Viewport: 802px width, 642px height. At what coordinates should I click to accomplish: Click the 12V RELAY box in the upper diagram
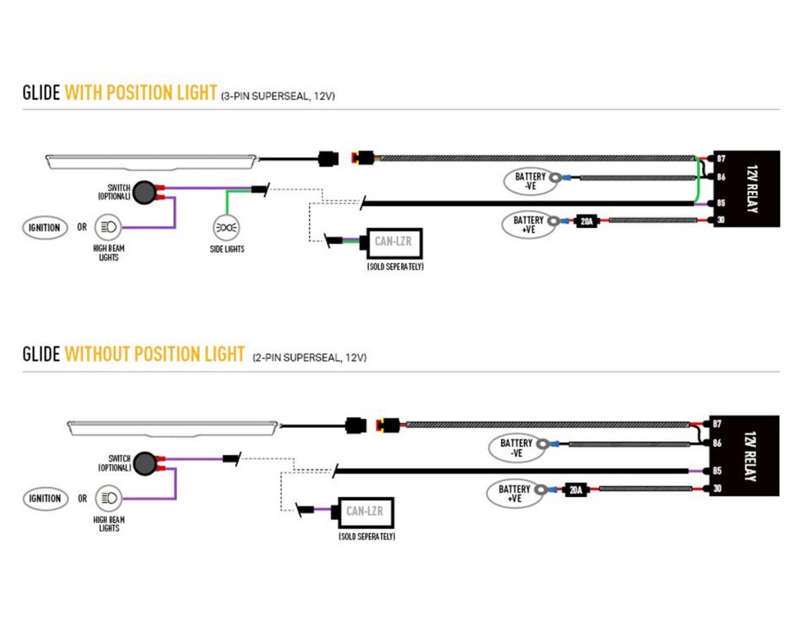click(745, 189)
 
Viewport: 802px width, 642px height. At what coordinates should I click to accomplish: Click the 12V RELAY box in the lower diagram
click(745, 455)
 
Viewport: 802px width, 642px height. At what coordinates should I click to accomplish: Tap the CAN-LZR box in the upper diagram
click(392, 243)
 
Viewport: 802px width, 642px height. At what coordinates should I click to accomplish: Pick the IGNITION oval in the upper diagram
click(44, 228)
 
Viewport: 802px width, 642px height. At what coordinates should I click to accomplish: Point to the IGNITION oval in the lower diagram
click(45, 499)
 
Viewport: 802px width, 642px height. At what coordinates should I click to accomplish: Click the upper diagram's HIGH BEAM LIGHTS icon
click(107, 228)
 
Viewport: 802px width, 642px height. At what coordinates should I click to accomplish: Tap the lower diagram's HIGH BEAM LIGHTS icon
click(107, 499)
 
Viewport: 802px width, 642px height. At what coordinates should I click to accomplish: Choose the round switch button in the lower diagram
click(144, 462)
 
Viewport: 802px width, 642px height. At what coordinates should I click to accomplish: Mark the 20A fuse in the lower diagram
click(576, 490)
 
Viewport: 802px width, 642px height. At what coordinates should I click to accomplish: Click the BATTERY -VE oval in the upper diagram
click(531, 181)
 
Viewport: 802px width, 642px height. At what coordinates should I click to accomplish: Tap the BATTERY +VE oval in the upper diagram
click(529, 223)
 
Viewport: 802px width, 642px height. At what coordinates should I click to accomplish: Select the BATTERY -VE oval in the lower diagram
click(517, 448)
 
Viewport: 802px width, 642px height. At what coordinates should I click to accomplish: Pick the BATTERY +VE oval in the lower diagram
click(515, 492)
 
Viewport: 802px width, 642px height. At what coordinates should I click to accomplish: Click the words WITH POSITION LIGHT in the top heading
click(140, 92)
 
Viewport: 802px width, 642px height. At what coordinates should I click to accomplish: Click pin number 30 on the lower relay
click(717, 489)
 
